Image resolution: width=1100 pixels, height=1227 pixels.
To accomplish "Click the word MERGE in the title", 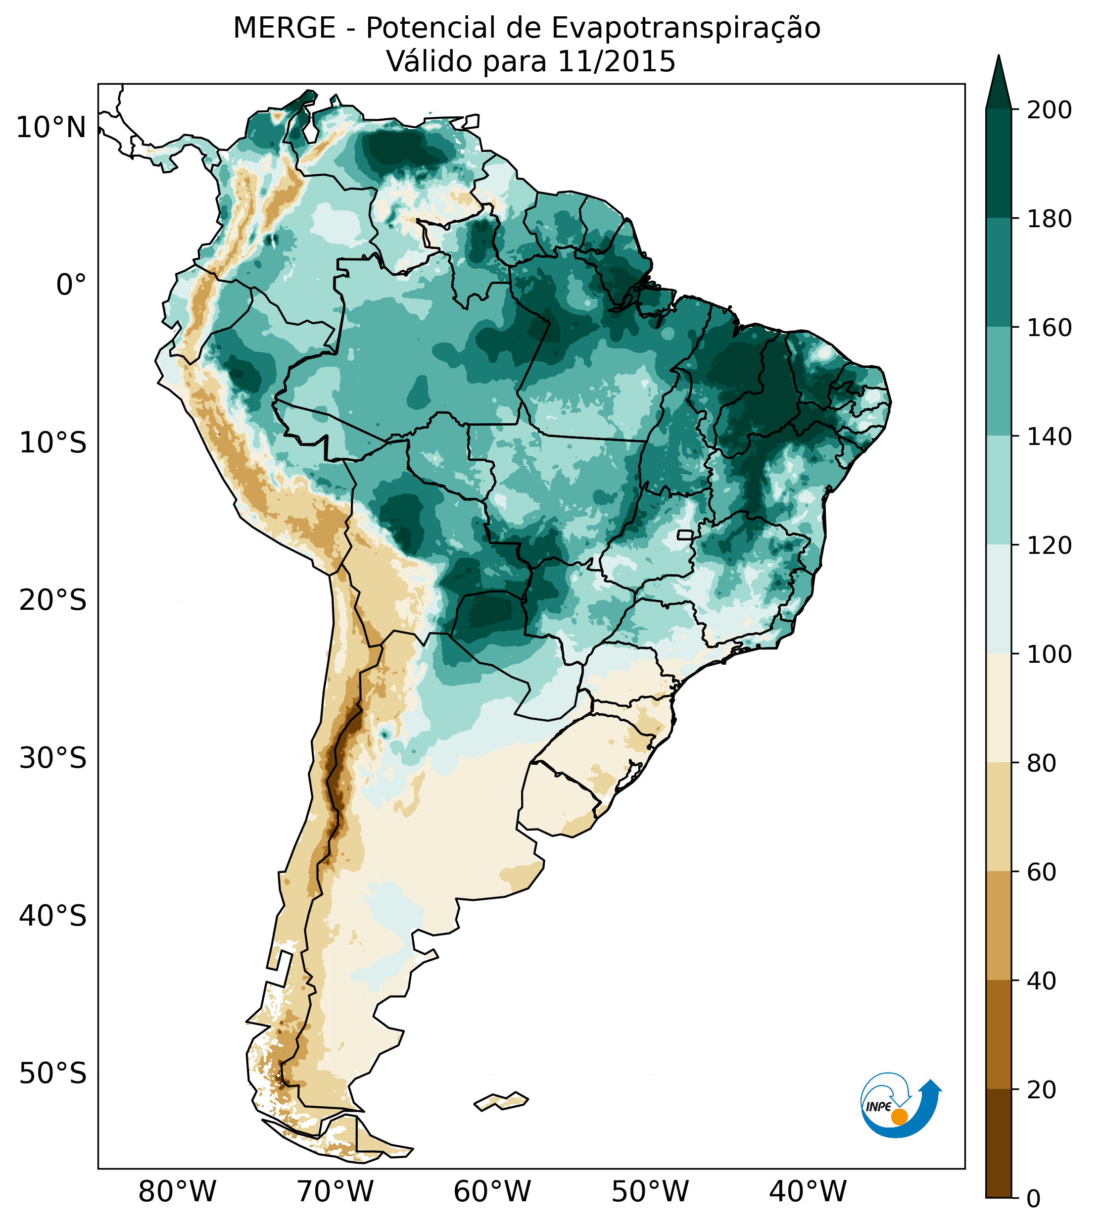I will tap(284, 28).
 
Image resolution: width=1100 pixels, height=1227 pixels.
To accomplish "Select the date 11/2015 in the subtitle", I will tap(616, 62).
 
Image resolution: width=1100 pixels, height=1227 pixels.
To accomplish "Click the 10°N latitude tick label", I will tap(51, 128).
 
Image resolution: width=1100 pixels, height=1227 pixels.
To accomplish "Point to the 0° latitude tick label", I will tap(71, 285).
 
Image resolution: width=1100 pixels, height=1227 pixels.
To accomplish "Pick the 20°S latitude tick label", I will tap(52, 601).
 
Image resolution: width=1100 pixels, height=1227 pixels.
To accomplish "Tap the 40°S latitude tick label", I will tap(52, 916).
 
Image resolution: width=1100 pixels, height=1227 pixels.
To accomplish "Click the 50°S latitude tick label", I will tap(52, 1074).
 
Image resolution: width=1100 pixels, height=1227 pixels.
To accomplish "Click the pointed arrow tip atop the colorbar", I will tap(999, 60).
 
